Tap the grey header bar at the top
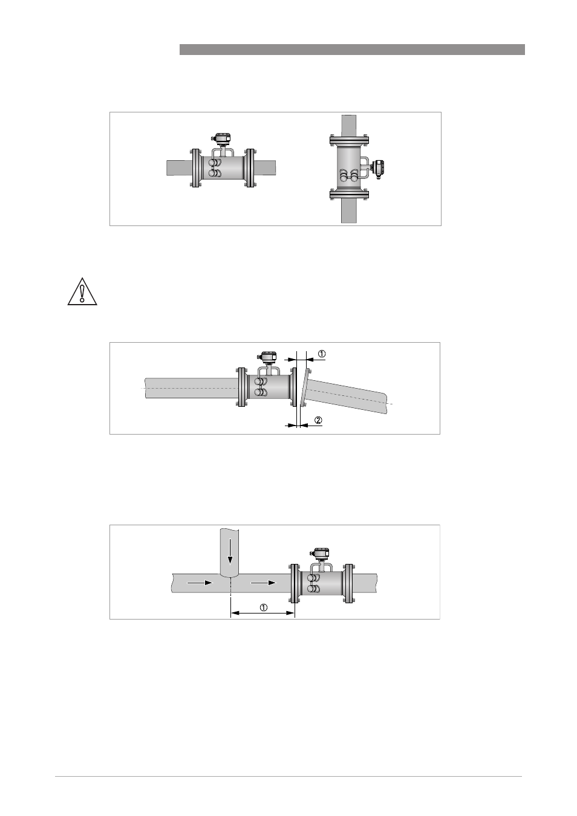coord(352,50)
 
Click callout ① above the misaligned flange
coord(322,354)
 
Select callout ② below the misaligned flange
coord(318,420)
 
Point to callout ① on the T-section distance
coord(263,607)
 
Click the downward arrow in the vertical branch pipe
coord(230,555)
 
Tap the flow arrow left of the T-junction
coord(200,583)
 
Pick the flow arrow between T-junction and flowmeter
coord(263,583)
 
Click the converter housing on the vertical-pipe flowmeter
coord(377,169)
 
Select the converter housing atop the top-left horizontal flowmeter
coord(221,138)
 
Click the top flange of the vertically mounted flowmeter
coord(349,140)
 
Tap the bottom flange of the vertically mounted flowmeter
coord(349,194)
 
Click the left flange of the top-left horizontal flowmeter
coord(195,168)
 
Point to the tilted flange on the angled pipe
coord(304,387)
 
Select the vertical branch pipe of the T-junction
coord(230,552)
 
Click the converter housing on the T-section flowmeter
coord(320,553)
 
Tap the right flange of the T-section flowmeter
coord(349,583)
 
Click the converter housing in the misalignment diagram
coord(267,357)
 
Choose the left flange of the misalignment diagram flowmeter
coord(241,387)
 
